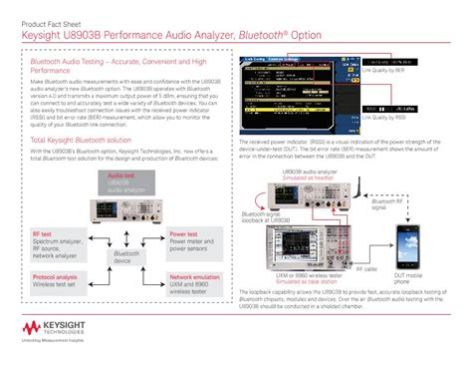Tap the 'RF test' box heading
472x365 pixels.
[43, 234]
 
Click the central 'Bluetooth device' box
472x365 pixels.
[126, 257]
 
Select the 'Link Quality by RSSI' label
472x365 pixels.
[387, 129]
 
